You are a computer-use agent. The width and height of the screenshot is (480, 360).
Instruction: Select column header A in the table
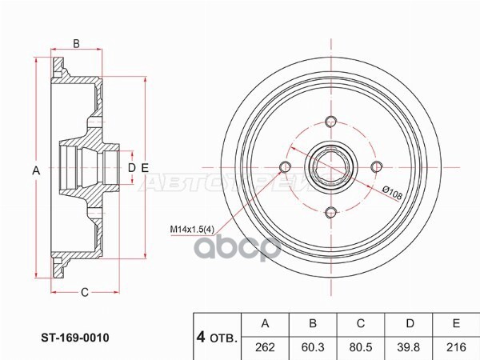pyautogui.click(x=266, y=324)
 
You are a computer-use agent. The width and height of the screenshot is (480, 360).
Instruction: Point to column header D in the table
pyautogui.click(x=410, y=324)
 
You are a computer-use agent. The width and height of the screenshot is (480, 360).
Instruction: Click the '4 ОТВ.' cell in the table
pyautogui.click(x=217, y=337)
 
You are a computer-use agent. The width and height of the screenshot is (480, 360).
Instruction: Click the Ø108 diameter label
pyautogui.click(x=393, y=190)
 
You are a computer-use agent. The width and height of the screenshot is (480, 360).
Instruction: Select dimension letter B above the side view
pyautogui.click(x=77, y=43)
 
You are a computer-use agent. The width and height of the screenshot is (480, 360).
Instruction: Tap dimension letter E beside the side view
pyautogui.click(x=145, y=167)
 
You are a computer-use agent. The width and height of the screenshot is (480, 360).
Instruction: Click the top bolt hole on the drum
pyautogui.click(x=330, y=122)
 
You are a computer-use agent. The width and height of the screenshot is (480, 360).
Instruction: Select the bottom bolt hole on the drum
pyautogui.click(x=330, y=212)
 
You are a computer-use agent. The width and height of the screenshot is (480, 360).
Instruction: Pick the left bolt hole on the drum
pyautogui.click(x=284, y=167)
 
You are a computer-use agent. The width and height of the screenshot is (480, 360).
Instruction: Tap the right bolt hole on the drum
pyautogui.click(x=375, y=166)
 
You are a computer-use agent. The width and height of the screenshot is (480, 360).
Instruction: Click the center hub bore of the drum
pyautogui.click(x=330, y=167)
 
